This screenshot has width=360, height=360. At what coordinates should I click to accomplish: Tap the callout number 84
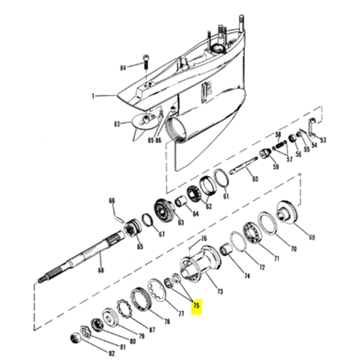pyautogui.click(x=123, y=67)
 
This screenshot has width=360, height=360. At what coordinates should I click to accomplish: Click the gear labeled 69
pyautogui.click(x=289, y=215)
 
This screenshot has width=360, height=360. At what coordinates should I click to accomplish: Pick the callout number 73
pyautogui.click(x=220, y=292)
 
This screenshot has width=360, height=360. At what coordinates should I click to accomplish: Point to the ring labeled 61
pyautogui.click(x=220, y=178)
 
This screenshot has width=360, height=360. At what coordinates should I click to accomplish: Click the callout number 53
pyautogui.click(x=323, y=140)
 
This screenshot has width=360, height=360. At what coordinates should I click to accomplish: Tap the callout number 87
pyautogui.click(x=152, y=329)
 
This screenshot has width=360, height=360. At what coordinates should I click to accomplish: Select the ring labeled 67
pyautogui.click(x=149, y=220)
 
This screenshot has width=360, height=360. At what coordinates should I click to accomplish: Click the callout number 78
pyautogui.click(x=166, y=322)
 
